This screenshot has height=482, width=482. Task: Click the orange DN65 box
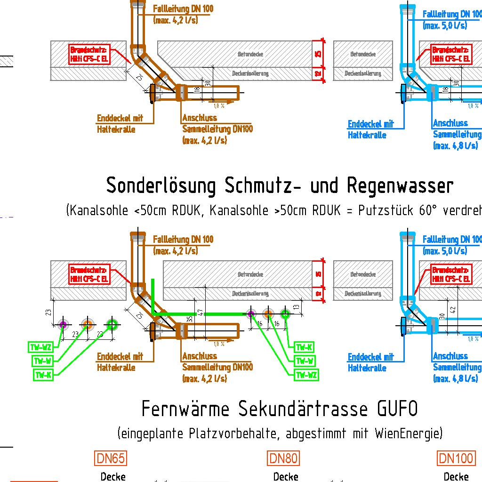point(111,458)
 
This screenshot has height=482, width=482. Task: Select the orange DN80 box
point(283,458)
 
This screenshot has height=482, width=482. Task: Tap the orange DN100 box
point(456,458)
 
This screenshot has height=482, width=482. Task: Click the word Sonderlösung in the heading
point(161,186)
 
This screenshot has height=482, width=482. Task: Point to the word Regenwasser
point(400,186)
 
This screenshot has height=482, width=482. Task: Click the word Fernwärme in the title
point(185,409)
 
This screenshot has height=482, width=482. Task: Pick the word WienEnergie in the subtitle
point(409,433)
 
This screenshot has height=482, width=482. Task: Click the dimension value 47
point(200,312)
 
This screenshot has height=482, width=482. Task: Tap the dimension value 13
point(295,307)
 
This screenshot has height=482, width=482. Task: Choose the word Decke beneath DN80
point(285,477)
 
